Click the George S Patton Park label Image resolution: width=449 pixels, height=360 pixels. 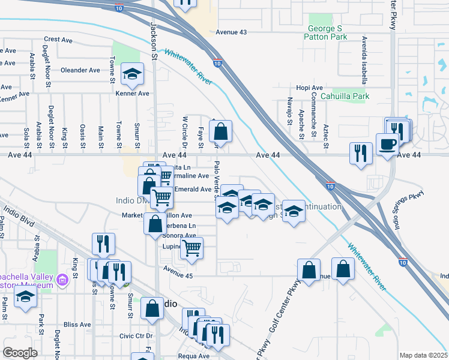[327, 32]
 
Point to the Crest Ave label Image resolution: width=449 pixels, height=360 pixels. [58, 39]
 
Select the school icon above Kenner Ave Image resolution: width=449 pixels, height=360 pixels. [132, 74]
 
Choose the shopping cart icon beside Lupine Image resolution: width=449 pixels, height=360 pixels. [192, 248]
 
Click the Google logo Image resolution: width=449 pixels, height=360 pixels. [20, 353]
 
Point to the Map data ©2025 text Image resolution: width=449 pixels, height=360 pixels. [424, 355]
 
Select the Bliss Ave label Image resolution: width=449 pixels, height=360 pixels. [77, 324]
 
